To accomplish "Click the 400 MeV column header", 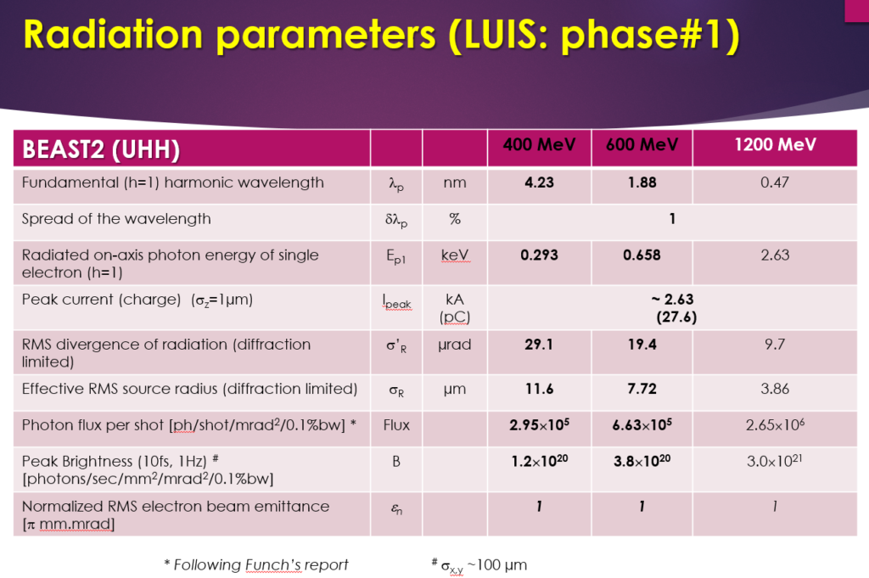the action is click(x=539, y=145).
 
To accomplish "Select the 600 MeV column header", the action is click(x=642, y=145).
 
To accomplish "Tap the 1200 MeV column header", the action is click(x=775, y=145).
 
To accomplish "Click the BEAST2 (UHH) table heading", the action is click(x=101, y=149).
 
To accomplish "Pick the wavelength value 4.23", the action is click(x=539, y=182).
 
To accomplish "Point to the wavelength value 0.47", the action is click(x=774, y=182).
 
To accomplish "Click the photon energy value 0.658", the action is click(x=642, y=255).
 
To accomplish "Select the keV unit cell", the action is click(x=455, y=255).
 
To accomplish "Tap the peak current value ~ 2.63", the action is click(x=672, y=300).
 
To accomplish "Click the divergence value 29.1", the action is click(x=539, y=345).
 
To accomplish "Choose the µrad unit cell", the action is click(x=455, y=345).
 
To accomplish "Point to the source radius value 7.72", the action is click(x=642, y=389).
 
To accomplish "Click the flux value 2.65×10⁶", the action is click(x=775, y=424).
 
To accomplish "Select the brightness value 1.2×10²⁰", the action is click(x=539, y=461).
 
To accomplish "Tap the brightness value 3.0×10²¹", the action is click(x=774, y=461).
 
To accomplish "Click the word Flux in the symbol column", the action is click(x=396, y=425).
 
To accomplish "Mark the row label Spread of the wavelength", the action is click(x=116, y=219).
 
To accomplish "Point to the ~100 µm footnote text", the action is click(x=497, y=565).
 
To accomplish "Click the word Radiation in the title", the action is click(x=114, y=34).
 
